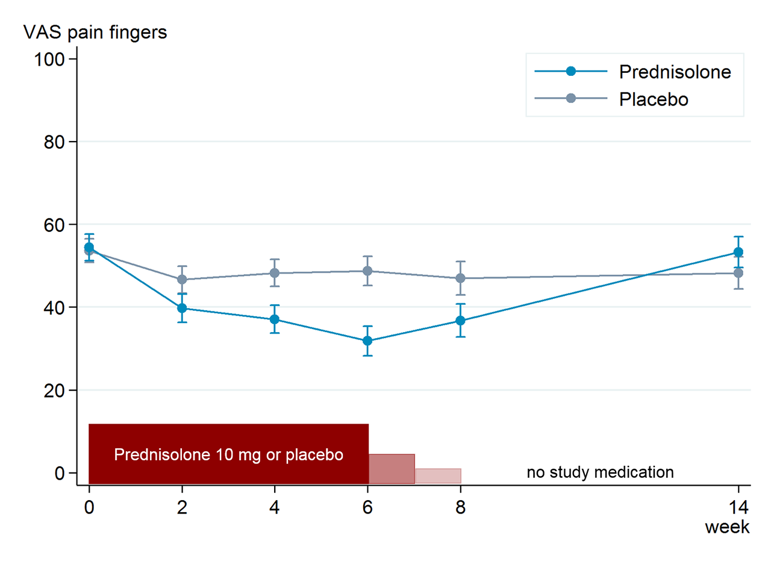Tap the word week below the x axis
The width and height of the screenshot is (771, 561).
pyautogui.click(x=728, y=527)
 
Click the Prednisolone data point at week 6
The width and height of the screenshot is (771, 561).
pyautogui.click(x=367, y=341)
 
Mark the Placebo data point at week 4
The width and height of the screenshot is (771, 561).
pyautogui.click(x=275, y=273)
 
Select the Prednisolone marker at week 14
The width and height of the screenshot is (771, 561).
pyautogui.click(x=738, y=252)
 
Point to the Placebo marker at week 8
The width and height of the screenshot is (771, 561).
pyautogui.click(x=460, y=278)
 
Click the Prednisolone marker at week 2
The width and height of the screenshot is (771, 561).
pyautogui.click(x=182, y=308)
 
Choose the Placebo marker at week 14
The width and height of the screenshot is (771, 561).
pyautogui.click(x=738, y=273)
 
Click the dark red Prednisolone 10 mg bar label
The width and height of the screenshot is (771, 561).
pyautogui.click(x=228, y=454)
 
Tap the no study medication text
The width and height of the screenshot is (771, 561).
pyautogui.click(x=600, y=472)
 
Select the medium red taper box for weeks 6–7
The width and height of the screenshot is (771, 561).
pyautogui.click(x=392, y=469)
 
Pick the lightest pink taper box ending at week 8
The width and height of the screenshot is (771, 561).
pyautogui.click(x=438, y=475)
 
